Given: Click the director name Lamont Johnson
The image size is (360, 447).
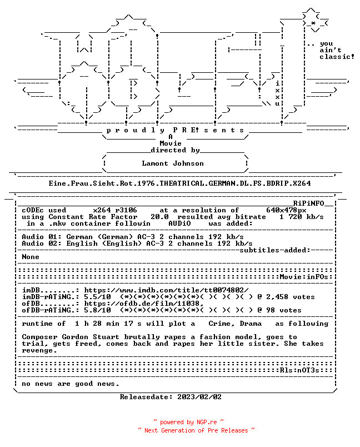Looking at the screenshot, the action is coord(173,163).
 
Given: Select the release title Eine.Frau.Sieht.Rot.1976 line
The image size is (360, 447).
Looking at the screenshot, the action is coord(179,183).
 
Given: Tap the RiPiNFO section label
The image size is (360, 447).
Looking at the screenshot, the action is coord(309,203).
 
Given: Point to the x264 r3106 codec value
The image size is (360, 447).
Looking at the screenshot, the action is coord(115,210).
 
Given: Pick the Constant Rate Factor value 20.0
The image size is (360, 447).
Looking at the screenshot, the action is coord(159,217).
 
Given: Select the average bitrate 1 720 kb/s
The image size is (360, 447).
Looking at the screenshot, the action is coord(301,217).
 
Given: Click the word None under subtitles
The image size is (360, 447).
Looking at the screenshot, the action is coord(31,257).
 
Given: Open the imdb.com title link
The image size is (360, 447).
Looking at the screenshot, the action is coord(166,290).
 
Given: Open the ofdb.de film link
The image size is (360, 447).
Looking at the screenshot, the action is coord(144,304).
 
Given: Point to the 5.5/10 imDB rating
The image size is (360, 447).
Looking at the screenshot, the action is coord(97,297).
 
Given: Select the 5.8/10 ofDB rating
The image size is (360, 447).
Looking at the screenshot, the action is coord(97,310).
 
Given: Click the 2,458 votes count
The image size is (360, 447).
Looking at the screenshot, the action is coord(291,297).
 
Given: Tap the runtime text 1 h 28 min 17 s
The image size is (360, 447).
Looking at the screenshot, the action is coord(108,324).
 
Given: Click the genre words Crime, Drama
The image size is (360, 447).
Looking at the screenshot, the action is coord(235,324).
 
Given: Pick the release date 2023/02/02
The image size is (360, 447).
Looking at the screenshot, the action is coord(199,397).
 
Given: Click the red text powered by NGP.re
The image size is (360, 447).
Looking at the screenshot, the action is coord(188,422).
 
